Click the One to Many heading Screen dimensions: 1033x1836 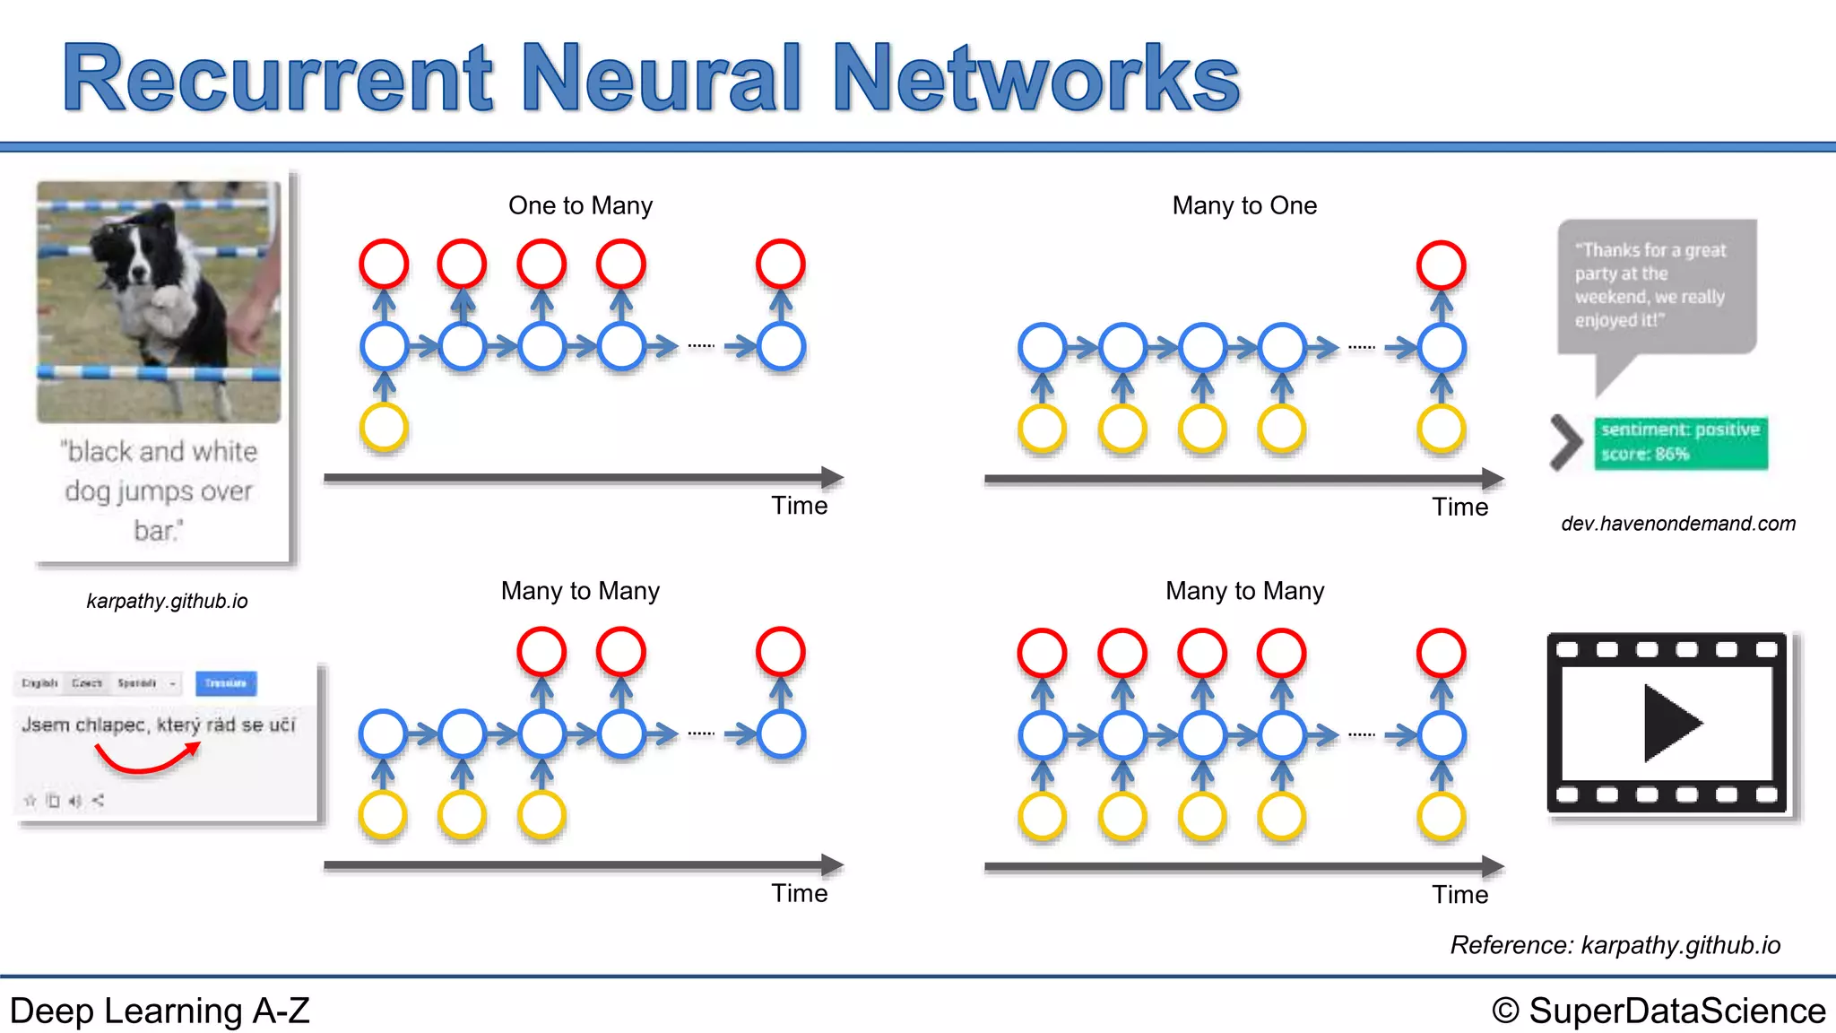[x=580, y=205]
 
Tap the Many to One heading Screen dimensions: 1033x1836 [x=1244, y=205]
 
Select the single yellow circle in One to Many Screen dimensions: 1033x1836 [x=384, y=427]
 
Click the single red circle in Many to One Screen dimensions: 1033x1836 [x=1441, y=265]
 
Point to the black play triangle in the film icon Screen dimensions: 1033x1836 [x=1669, y=723]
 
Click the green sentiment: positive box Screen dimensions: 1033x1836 [x=1680, y=442]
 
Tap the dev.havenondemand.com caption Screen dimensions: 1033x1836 [x=1678, y=524]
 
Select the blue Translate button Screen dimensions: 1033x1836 [x=226, y=683]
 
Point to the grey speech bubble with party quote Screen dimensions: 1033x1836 [x=1656, y=287]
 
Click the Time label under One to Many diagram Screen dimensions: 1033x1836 [x=799, y=506]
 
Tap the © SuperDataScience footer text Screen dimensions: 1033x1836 [x=1658, y=1011]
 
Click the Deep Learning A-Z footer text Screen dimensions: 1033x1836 [x=160, y=1011]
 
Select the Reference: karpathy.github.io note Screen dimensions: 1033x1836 [x=1615, y=945]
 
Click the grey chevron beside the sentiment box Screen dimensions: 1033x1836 [x=1565, y=442]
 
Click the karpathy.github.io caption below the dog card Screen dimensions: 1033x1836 [x=167, y=601]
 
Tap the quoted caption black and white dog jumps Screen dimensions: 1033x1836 [x=160, y=490]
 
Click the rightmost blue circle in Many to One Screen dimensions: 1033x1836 [x=1441, y=347]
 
